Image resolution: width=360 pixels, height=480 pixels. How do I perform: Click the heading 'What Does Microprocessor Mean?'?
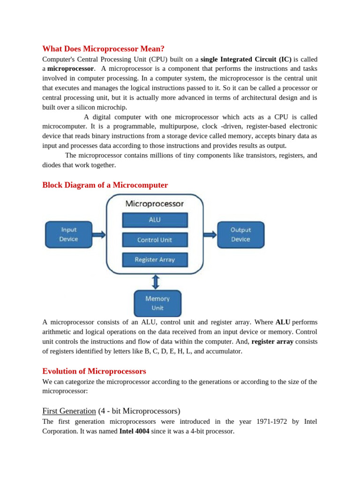104,49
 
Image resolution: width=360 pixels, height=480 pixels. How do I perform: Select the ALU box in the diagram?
155,220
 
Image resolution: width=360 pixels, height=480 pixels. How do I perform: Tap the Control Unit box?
155,240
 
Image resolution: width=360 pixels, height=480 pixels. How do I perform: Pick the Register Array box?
155,259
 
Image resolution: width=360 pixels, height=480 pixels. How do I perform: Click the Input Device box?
68,234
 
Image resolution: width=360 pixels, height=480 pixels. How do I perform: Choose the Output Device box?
240,234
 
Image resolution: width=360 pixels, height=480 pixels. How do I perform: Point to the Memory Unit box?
157,303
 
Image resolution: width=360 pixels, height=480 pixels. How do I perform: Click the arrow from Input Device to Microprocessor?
99,234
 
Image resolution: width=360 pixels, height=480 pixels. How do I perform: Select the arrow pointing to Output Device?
210,234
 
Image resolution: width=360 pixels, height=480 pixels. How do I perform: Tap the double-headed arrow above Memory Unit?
156,282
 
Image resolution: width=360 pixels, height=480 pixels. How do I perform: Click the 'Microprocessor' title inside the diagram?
155,204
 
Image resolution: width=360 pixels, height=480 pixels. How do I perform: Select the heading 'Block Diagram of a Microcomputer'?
105,185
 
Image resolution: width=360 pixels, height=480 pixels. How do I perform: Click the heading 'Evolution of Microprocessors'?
94,371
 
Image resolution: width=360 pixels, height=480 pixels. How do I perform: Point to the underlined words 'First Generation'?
69,411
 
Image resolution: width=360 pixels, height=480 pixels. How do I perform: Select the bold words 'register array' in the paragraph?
272,342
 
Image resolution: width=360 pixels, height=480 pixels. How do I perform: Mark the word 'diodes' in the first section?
52,165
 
